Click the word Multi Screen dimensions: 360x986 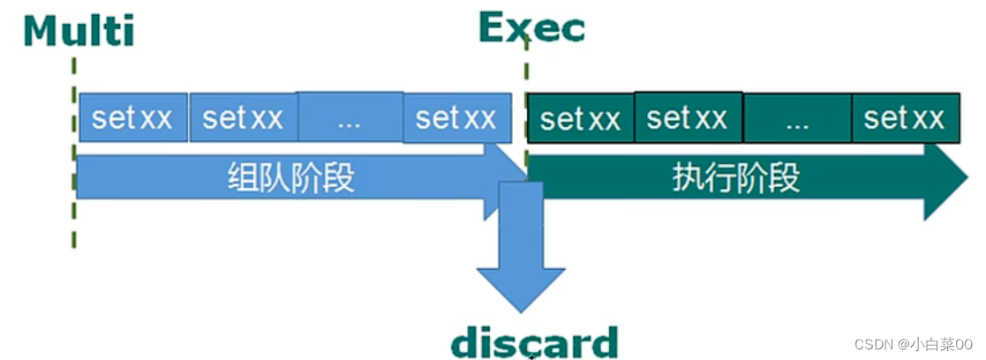click(79, 30)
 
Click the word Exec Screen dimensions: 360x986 click(531, 28)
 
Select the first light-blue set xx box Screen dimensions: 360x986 click(132, 118)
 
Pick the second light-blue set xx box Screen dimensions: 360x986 click(244, 118)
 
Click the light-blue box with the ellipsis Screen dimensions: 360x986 click(350, 118)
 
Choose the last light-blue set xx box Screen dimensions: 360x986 click(456, 118)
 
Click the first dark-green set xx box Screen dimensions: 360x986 click(580, 119)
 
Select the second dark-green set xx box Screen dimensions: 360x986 click(689, 117)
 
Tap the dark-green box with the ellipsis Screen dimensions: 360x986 click(797, 119)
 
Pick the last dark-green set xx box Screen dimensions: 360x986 click(905, 118)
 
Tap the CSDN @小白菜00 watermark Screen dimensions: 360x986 click(914, 342)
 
